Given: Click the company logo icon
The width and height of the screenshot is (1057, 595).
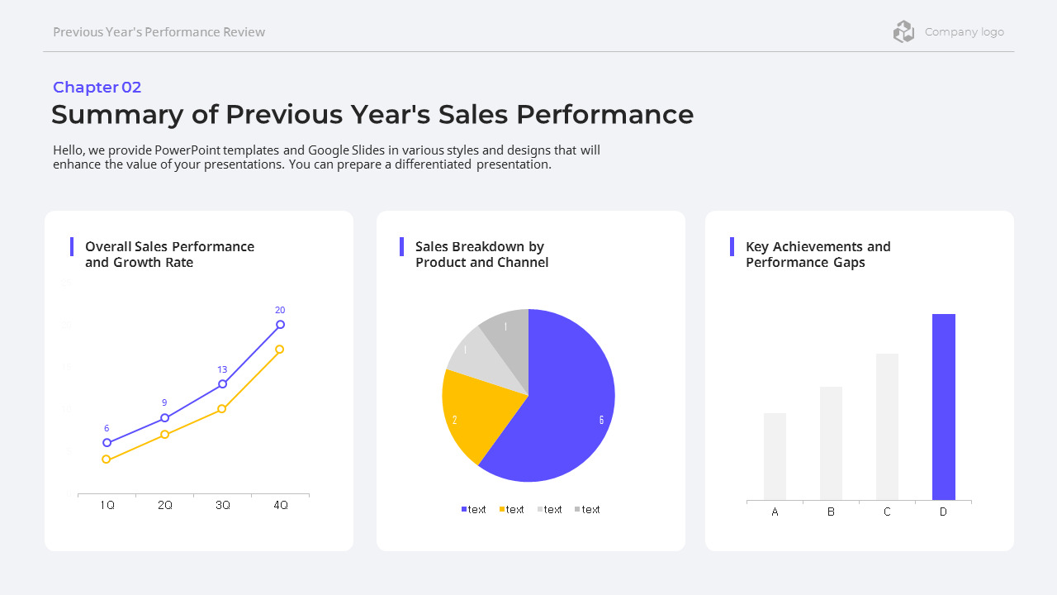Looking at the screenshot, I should tap(903, 32).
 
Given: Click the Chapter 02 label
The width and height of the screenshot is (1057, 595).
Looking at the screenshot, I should tap(97, 88).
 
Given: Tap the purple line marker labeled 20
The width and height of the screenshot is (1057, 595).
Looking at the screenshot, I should tap(280, 325).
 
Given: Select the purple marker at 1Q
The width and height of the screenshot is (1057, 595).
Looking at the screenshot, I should tap(107, 443).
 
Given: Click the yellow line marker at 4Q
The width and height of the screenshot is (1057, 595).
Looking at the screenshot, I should tap(280, 350).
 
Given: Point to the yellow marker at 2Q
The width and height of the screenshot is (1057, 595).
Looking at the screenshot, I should tap(164, 435).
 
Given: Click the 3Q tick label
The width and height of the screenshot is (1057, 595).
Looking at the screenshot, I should tap(222, 505).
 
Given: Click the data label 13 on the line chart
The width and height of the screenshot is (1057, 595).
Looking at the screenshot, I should tap(222, 369).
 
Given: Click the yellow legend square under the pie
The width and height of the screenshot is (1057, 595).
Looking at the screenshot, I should tap(502, 509).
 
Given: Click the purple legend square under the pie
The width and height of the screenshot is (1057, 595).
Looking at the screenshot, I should tap(464, 509).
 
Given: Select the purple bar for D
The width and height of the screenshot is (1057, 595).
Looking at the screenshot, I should tap(943, 407).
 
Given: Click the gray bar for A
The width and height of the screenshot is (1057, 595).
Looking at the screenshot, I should tap(775, 456).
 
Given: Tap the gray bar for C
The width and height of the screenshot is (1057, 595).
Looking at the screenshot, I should tap(887, 426).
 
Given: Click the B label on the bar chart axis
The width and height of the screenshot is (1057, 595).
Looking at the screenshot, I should tap(831, 512).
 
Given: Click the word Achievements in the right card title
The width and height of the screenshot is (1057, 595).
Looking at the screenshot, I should tap(817, 247).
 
